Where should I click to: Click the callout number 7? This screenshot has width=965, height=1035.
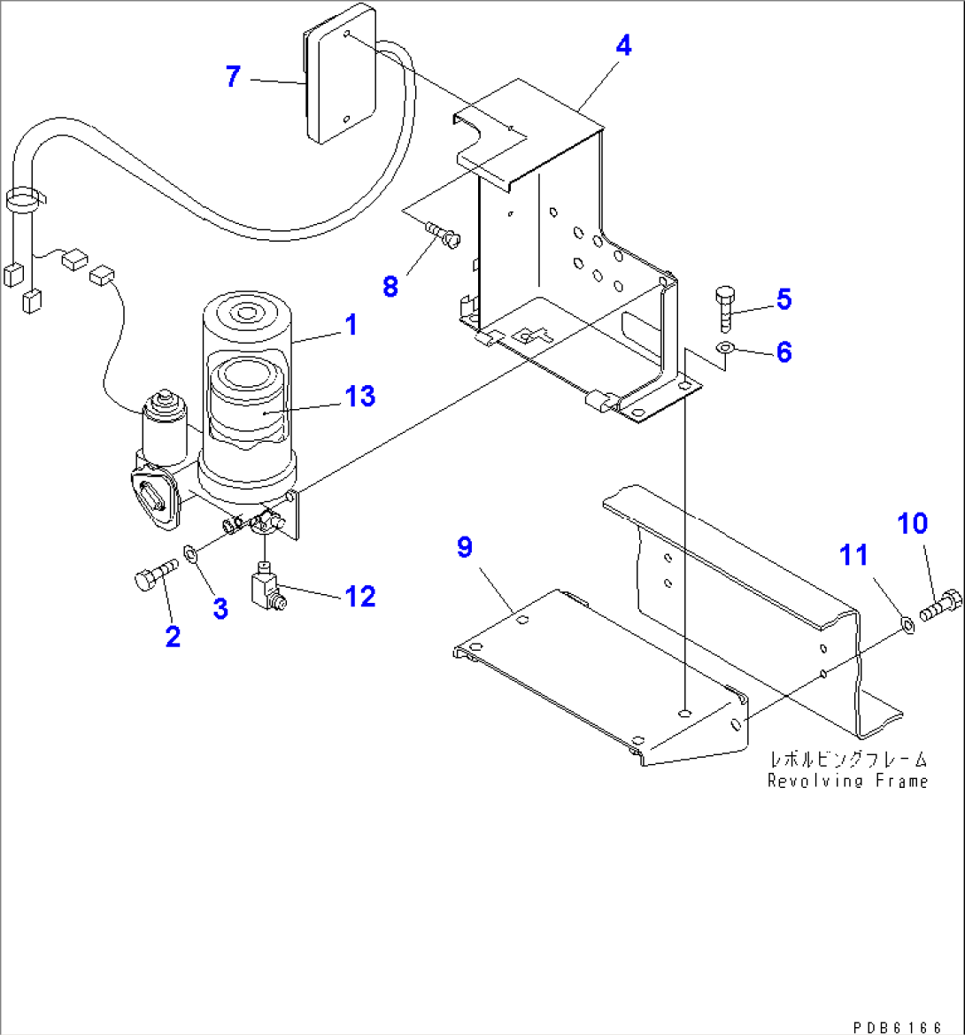pyautogui.click(x=232, y=77)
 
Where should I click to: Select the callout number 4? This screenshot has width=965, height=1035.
pyautogui.click(x=623, y=46)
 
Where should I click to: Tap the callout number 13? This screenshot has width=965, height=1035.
pyautogui.click(x=360, y=396)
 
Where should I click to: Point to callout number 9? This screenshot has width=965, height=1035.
pyautogui.click(x=465, y=548)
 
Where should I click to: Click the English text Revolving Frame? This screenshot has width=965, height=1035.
pyautogui.click(x=847, y=781)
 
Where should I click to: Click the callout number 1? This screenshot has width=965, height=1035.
pyautogui.click(x=351, y=325)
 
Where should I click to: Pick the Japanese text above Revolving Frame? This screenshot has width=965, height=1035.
pyautogui.click(x=847, y=760)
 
